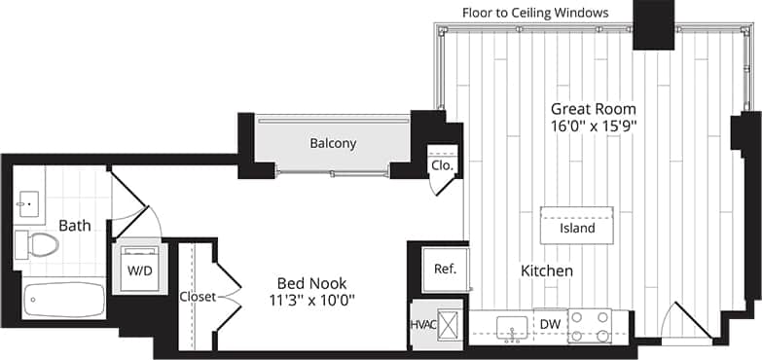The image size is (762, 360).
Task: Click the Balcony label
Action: tap(333, 143)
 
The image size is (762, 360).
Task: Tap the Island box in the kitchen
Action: tap(577, 228)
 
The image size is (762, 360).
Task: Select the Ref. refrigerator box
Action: tap(445, 269)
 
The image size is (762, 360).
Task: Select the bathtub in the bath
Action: tap(64, 299)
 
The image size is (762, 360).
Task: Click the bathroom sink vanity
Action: tap(28, 204)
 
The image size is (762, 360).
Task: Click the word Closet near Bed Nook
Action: tap(199, 297)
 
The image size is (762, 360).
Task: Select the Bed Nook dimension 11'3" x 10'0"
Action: tap(310, 300)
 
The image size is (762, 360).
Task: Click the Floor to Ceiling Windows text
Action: tap(535, 13)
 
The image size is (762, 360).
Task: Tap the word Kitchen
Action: tap(546, 270)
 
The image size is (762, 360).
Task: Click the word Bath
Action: tap(74, 226)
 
